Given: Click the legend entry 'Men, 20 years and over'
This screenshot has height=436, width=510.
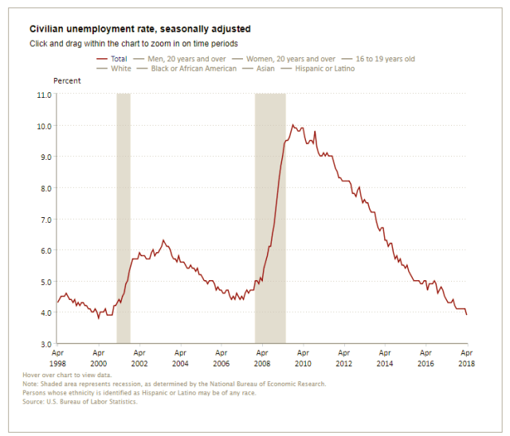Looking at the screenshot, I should [x=182, y=59].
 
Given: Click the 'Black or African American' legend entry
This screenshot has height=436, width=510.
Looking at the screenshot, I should [x=187, y=68].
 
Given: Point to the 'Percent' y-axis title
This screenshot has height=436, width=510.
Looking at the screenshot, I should [x=66, y=81].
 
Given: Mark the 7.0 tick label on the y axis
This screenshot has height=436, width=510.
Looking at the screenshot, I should [x=44, y=219].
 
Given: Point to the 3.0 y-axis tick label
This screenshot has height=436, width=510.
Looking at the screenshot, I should [x=44, y=344].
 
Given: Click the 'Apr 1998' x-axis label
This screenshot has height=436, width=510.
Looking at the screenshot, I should [x=58, y=356].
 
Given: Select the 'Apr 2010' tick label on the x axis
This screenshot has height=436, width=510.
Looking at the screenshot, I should [x=303, y=356].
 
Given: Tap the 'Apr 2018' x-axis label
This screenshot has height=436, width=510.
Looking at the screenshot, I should [x=467, y=356].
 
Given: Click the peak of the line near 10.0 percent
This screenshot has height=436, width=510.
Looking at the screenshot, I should [x=292, y=125].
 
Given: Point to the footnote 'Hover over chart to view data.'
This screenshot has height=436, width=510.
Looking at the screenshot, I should [x=90, y=374].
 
